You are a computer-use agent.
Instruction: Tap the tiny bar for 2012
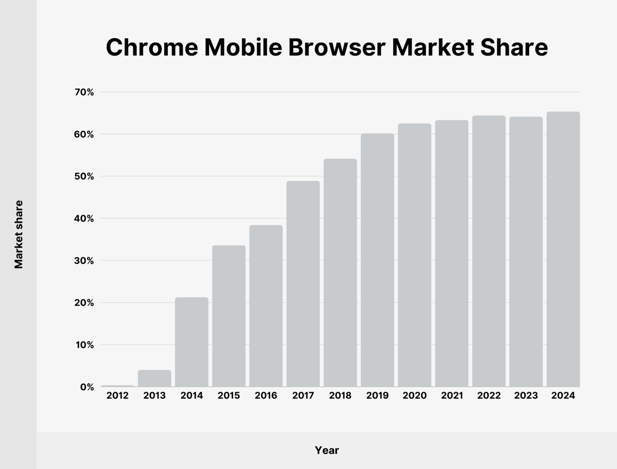[117, 386]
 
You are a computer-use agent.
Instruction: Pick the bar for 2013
[155, 378]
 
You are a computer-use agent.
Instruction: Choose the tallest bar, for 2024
[563, 249]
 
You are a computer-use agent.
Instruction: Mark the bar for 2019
[378, 260]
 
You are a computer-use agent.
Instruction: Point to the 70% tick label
[85, 92]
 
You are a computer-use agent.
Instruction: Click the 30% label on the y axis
[85, 261]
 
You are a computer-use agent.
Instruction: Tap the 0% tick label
[88, 387]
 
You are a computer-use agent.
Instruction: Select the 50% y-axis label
[85, 176]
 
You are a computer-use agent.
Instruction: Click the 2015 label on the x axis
[229, 396]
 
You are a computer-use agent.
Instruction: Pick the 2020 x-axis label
[415, 396]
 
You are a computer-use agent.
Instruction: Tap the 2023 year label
[526, 396]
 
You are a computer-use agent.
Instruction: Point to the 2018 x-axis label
[340, 396]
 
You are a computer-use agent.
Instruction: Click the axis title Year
[327, 450]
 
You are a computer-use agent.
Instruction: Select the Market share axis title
[19, 234]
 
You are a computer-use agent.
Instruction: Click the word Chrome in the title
[152, 48]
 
